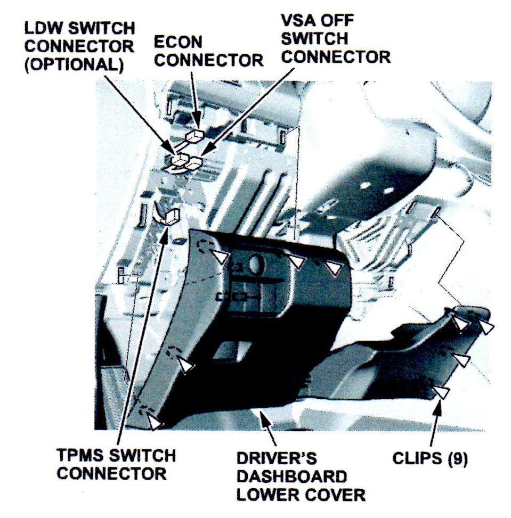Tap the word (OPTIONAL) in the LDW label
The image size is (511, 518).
click(x=74, y=64)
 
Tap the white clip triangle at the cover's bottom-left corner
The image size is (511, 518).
click(x=155, y=422)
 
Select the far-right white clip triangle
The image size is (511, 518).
click(x=486, y=327)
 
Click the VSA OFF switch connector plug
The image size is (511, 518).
click(x=194, y=162)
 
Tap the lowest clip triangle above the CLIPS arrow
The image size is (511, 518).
click(x=441, y=392)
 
